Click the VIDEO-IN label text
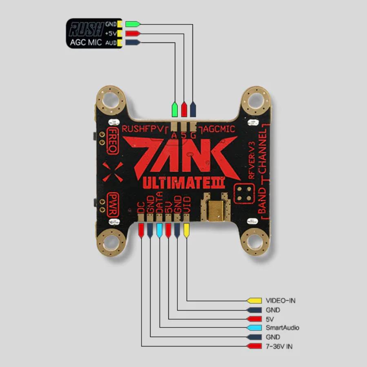[280, 301]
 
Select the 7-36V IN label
[279, 347]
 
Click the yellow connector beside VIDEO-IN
[254, 301]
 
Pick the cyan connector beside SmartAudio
[254, 328]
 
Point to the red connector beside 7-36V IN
[254, 347]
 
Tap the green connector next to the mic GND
[133, 24]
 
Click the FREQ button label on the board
[113, 140]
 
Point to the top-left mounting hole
[110, 99]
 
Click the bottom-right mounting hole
[256, 243]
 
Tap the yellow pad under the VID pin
[186, 231]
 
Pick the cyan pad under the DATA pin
[159, 231]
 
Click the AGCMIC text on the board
[220, 129]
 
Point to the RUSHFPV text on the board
[143, 129]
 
